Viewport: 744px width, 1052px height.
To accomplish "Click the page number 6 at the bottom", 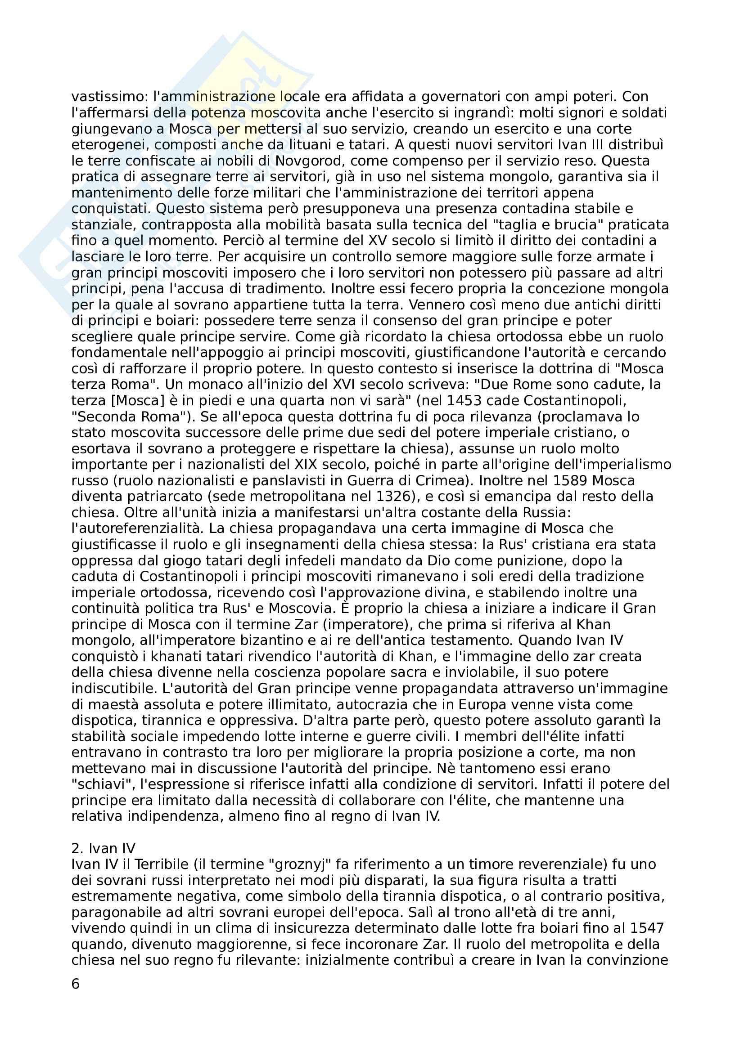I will [x=76, y=984].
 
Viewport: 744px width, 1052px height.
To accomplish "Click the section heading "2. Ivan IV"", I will [x=104, y=849].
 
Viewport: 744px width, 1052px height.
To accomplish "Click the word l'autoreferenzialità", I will [x=137, y=529].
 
